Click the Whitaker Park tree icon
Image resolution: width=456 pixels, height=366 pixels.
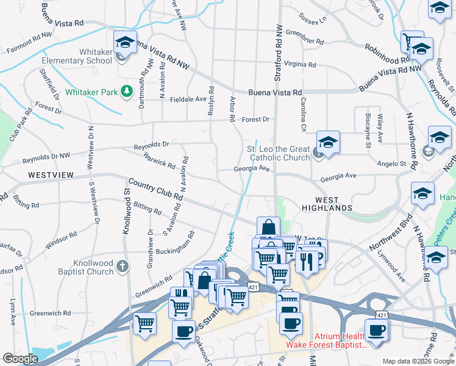coord(127,91)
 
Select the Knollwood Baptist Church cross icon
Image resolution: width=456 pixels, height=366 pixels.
coord(123,266)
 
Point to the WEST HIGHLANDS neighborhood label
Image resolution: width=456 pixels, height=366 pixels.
coord(325,204)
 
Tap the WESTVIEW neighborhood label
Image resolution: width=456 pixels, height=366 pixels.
coord(51,175)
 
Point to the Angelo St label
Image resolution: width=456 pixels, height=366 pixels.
coord(391,164)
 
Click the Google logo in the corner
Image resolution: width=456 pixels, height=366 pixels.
coord(20,359)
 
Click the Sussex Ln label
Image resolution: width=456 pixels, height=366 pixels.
coord(313,20)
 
